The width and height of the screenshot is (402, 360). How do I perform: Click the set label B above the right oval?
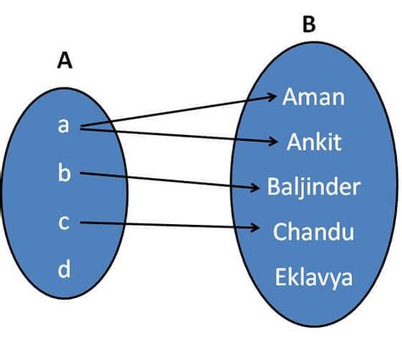click(309, 25)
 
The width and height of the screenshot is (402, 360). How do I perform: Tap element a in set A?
click(64, 126)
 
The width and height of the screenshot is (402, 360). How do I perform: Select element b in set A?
click(64, 174)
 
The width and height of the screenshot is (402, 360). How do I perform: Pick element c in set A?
click(64, 222)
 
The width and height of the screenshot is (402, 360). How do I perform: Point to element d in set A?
click(64, 270)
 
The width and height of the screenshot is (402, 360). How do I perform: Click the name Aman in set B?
click(314, 97)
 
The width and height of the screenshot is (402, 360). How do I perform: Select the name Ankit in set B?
click(314, 141)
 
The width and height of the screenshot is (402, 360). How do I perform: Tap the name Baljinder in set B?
click(314, 186)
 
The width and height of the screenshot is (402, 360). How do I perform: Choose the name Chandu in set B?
click(314, 231)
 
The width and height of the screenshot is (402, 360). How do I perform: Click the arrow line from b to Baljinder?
click(170, 180)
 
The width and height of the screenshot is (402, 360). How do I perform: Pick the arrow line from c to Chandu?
click(170, 225)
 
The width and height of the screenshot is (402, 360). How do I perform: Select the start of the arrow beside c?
click(81, 223)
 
